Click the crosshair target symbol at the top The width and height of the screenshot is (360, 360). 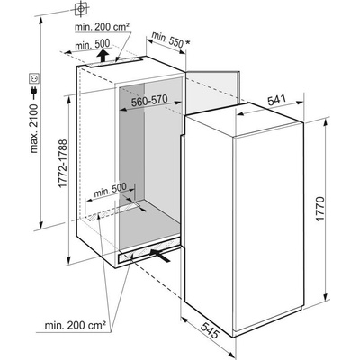click(80, 8)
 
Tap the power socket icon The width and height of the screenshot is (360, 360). click(34, 79)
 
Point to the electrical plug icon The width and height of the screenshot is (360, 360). click(34, 93)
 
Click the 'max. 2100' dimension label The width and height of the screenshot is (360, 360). click(34, 129)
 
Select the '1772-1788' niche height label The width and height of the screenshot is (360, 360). click(63, 164)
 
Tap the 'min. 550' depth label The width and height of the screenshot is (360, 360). click(167, 39)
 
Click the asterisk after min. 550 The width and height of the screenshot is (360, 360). click(187, 43)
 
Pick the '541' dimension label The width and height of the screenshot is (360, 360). click(276, 100)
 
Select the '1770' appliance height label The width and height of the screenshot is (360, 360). click(320, 209)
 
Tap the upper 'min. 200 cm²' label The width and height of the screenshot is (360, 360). click(102, 27)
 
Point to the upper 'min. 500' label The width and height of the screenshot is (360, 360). click(93, 45)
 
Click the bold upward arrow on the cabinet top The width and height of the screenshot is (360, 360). click(103, 56)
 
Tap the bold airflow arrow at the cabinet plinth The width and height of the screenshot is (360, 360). click(160, 255)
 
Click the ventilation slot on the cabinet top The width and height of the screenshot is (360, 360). click(114, 62)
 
